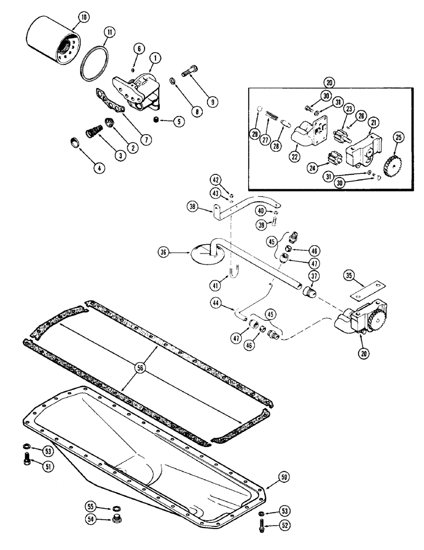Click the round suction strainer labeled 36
click(x=204, y=254)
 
